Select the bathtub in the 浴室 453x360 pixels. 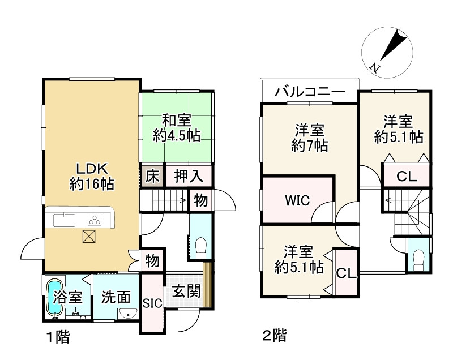pyautogui.click(x=57, y=297)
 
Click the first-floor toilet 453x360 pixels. pyautogui.click(x=200, y=246)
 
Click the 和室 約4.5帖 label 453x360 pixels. pyautogui.click(x=176, y=128)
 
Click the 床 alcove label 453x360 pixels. pyautogui.click(x=152, y=176)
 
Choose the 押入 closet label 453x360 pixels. pyautogui.click(x=189, y=176)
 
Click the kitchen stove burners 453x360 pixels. pyautogui.click(x=94, y=219)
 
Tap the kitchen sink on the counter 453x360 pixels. pyautogui.click(x=65, y=219)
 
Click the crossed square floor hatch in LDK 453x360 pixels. pyautogui.click(x=90, y=237)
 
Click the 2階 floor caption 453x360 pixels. pyautogui.click(x=274, y=336)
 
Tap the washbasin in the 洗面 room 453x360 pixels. pyautogui.click(x=126, y=315)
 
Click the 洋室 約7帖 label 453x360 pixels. pyautogui.click(x=309, y=137)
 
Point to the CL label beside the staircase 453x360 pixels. pyautogui.click(x=406, y=176)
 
